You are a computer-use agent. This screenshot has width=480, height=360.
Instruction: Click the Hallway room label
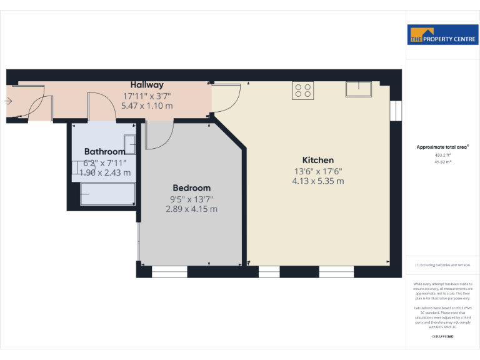pos(147,85)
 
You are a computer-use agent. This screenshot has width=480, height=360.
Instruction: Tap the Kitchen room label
pos(318,161)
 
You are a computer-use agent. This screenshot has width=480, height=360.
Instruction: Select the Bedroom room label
pos(191,187)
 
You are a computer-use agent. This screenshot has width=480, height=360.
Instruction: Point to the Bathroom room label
pos(105,151)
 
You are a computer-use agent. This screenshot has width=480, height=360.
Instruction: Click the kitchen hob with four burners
pos(302,91)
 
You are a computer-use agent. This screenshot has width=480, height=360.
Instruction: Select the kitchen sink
pos(359,89)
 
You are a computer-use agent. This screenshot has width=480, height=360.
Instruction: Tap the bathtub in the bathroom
pos(107,194)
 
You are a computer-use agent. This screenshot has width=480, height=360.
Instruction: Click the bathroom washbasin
pos(131,145)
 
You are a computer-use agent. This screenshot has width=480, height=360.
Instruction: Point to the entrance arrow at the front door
pos(8,101)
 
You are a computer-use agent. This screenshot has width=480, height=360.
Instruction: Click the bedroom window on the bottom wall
pos(169,272)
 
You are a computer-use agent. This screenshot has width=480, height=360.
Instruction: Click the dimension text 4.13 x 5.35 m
pos(318,181)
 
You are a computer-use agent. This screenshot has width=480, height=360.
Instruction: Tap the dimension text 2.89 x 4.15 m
pos(191,209)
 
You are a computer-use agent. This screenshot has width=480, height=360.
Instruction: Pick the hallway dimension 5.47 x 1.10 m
pos(147,106)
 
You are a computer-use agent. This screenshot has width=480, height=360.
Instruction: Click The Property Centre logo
pos(442,36)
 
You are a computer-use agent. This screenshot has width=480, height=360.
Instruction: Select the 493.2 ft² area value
pos(442,155)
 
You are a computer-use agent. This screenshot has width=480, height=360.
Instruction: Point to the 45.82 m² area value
pos(442,161)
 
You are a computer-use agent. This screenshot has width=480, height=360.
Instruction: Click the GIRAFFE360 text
pos(442,337)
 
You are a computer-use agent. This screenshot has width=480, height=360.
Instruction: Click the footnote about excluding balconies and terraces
pos(442,265)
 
